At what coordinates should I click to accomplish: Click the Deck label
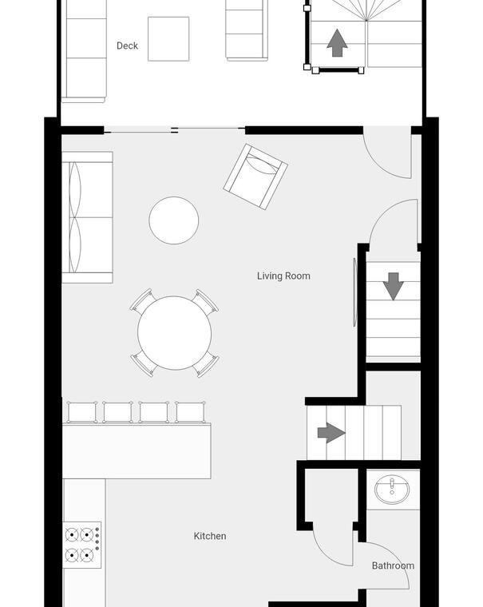click(127, 46)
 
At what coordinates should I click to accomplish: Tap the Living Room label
click(283, 276)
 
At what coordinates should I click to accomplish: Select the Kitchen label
click(210, 536)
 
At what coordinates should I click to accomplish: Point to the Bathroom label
click(394, 565)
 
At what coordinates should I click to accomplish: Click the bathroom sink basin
click(392, 490)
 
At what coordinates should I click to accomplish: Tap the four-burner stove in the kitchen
click(82, 545)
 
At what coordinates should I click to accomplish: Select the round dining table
click(175, 333)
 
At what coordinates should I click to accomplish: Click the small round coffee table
click(174, 220)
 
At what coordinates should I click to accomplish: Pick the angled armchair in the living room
click(255, 177)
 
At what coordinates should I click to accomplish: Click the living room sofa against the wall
click(88, 217)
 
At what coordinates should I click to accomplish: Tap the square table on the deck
click(168, 38)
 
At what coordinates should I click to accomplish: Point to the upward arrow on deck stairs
click(337, 42)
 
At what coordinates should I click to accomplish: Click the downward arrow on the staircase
click(394, 286)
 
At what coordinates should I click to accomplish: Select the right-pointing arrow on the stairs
click(331, 433)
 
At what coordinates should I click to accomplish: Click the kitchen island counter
click(137, 451)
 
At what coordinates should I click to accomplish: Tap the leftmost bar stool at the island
click(82, 412)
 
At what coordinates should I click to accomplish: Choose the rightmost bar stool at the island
click(190, 412)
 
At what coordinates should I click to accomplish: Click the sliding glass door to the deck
click(175, 130)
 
